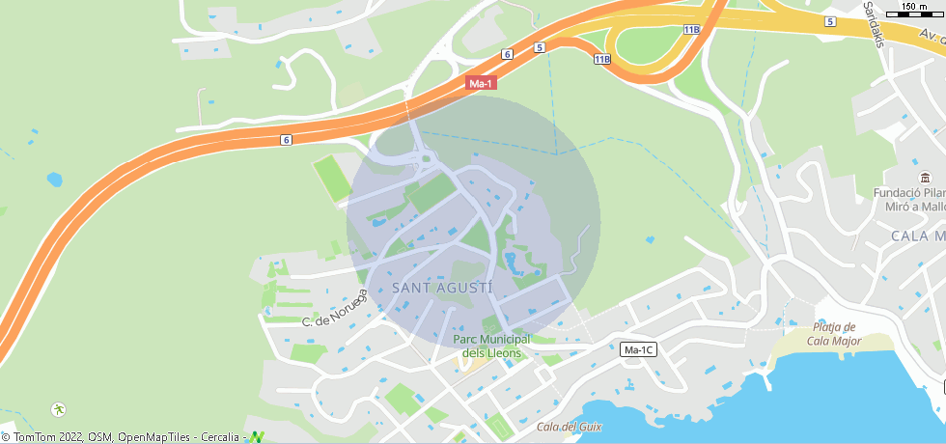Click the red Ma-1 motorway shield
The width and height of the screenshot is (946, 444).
(481, 84)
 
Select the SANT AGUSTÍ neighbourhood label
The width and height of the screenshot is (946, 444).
(443, 288)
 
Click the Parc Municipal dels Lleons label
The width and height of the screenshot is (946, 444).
(492, 346)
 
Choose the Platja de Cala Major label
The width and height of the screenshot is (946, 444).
(834, 333)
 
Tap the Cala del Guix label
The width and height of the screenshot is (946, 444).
(570, 427)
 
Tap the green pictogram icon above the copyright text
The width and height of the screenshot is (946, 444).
(59, 409)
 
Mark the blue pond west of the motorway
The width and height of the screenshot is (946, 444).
(54, 180)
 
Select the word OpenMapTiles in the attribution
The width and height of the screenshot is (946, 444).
(154, 437)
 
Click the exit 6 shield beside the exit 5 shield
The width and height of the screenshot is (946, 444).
(507, 54)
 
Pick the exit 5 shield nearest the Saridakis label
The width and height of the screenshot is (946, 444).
(829, 21)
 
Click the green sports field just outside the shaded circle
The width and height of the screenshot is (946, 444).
(331, 179)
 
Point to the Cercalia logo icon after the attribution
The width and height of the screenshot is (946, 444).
(257, 437)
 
